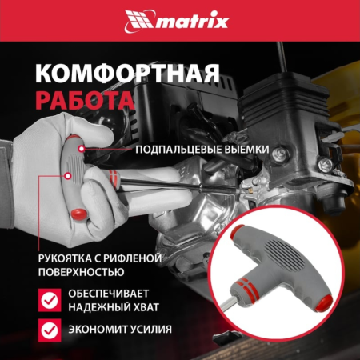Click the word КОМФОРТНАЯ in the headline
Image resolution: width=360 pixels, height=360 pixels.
[x=128, y=74]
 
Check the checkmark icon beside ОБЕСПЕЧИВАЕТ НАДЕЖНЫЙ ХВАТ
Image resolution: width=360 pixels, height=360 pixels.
[x=50, y=300]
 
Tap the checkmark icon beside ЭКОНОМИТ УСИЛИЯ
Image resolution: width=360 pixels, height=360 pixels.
[x=50, y=329]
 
